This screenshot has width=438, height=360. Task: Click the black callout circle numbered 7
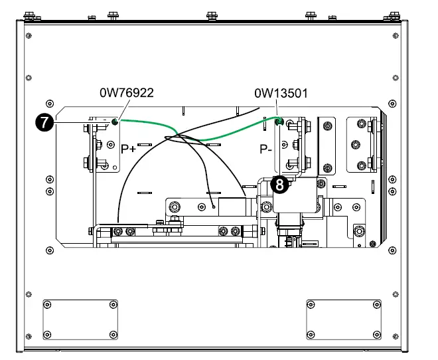point(46,122)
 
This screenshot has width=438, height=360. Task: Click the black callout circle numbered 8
point(281,185)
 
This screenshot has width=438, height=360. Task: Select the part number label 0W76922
point(127,93)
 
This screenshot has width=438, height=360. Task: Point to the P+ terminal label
point(128,149)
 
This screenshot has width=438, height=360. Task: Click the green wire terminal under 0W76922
point(115,122)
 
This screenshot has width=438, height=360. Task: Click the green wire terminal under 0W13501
point(279,121)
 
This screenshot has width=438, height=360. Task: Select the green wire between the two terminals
point(199,137)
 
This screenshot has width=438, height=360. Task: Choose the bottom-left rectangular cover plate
point(79,319)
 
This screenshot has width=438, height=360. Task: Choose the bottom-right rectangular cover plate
point(343,319)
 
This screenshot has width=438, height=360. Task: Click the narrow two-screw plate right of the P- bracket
point(328,143)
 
